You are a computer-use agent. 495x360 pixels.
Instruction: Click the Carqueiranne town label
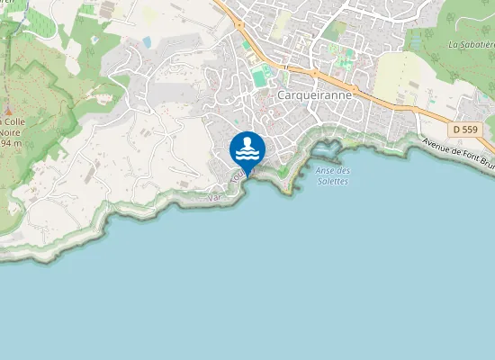point(315,94)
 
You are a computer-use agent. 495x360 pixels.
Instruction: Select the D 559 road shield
point(465,130)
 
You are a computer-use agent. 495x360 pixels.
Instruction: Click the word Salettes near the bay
point(333,181)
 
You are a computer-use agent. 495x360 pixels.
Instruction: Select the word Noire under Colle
point(12,132)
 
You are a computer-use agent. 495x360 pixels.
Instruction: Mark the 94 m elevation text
point(11,143)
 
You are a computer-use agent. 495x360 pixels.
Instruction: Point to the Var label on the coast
point(214,197)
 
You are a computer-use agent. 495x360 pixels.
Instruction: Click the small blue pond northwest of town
point(147,42)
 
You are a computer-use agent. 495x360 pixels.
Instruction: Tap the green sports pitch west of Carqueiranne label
point(260,78)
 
